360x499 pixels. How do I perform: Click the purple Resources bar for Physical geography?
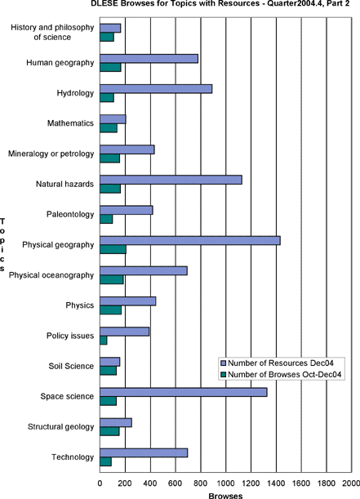pos(190,241)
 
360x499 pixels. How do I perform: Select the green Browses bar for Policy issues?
pos(104,341)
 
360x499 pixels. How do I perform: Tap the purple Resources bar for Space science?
pos(184,392)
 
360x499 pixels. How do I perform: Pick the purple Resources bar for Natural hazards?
pos(171,180)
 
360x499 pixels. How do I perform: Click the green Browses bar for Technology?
pos(105,461)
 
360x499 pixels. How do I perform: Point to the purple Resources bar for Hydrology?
pos(156,89)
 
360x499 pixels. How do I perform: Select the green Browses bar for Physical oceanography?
pos(112,280)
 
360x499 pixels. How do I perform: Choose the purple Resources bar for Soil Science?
pos(110,362)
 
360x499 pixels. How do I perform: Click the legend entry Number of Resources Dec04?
pos(281,363)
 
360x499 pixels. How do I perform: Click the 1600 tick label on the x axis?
pos(301,483)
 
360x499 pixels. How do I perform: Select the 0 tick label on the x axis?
pos(100,483)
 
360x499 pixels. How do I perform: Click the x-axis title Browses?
pos(225,496)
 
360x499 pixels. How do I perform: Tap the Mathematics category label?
pos(70,123)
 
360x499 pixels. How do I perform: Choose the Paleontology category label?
pos(70,214)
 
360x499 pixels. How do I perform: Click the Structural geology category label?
pos(60,427)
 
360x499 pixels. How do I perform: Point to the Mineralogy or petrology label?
pos(51,154)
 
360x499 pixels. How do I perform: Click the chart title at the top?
pos(220,3)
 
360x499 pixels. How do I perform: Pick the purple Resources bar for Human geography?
pos(149,59)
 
